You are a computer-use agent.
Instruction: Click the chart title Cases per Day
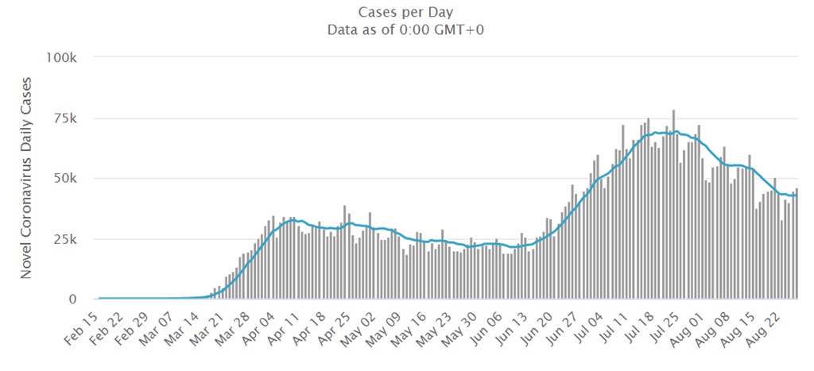point(406,12)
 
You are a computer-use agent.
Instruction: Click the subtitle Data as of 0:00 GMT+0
point(406,30)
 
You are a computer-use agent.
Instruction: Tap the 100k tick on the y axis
point(60,57)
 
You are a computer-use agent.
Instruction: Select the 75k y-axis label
point(65,118)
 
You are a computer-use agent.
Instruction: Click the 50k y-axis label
point(65,178)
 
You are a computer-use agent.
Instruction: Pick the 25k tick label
point(65,239)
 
